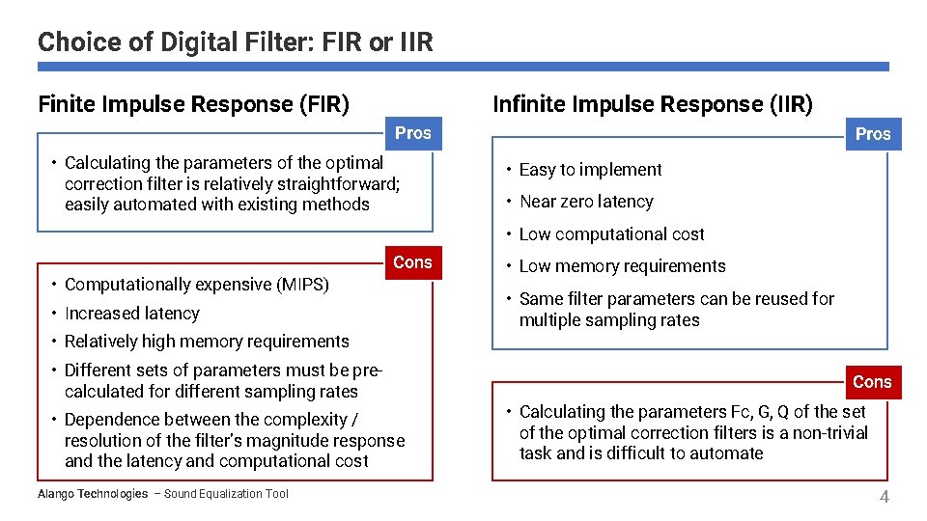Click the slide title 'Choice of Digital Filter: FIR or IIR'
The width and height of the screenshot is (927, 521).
coord(236,42)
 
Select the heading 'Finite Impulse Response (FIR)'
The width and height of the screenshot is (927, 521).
coord(193,104)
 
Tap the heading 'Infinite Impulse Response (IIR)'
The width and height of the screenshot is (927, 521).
coord(653,104)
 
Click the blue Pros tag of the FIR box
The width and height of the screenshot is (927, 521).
coord(412,133)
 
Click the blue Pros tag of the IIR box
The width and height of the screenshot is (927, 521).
coord(872,134)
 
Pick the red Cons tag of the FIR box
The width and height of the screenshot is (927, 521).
coord(412,262)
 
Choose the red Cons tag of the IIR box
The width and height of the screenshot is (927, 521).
coord(871,382)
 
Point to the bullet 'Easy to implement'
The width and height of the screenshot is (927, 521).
coord(590,170)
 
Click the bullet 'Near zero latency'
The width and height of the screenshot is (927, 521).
coord(586,202)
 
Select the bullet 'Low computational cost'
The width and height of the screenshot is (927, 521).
coord(611,234)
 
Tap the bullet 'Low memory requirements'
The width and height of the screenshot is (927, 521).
coord(622,266)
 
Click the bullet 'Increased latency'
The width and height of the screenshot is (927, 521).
coord(131,314)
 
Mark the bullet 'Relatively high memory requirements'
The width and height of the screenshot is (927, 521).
coord(207,342)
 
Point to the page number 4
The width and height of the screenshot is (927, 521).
coord(884,497)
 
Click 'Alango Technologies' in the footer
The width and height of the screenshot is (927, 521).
coord(92,494)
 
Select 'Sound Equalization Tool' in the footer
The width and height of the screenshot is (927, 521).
coord(226,494)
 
